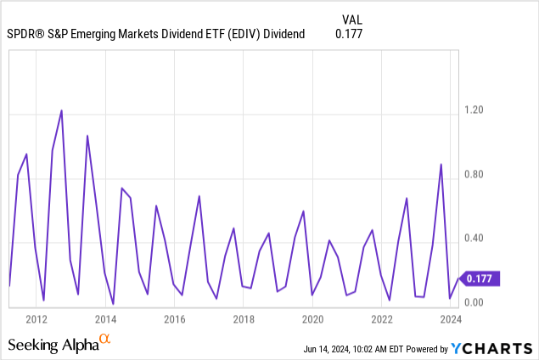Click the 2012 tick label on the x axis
36,319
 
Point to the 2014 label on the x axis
105,319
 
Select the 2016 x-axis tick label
174,319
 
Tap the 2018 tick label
244,319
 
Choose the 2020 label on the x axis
312,319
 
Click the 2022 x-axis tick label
382,319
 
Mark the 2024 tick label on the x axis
451,319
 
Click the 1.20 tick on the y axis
474,110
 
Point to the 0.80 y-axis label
474,175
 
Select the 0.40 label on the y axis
474,239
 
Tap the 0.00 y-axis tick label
474,303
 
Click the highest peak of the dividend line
62,110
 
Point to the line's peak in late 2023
441,165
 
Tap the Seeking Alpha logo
59,344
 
